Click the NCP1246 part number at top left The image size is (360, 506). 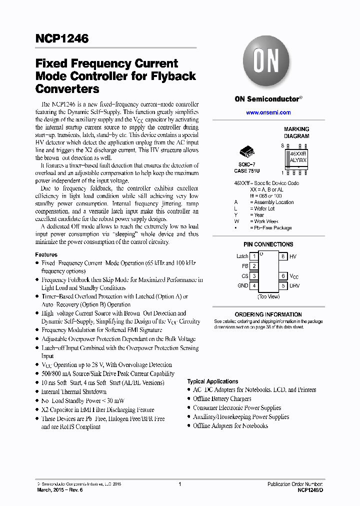pos(62,38)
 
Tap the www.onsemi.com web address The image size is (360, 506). pos(268,112)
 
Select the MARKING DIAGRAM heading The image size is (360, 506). pos(296,132)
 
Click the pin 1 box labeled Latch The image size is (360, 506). pos(254,256)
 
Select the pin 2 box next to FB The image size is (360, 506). pos(254,266)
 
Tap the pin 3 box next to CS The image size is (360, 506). pos(254,276)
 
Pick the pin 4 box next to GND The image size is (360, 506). pos(254,286)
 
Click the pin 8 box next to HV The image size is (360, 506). pos(283,256)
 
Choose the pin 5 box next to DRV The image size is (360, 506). pos(283,286)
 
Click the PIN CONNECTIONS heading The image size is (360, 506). pos(268,244)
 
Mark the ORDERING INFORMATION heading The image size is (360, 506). pos(268,314)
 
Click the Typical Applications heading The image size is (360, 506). pos(212,381)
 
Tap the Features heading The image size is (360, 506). pos(46,254)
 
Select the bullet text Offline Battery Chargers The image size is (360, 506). pos(222,399)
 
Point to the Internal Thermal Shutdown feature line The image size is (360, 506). pos(73,391)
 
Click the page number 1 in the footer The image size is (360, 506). pos(179,484)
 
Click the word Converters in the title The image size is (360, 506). pos(67,89)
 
